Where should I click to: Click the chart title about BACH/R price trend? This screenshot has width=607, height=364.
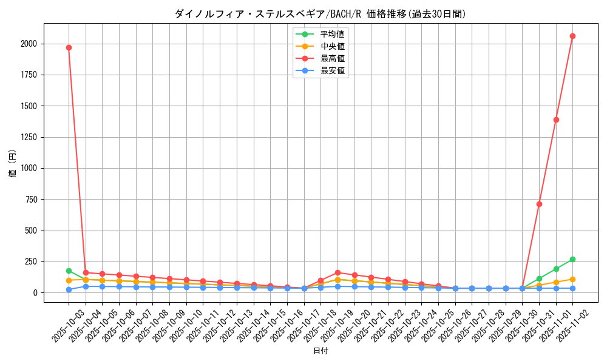(320, 13)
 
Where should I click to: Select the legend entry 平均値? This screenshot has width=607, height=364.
(332, 34)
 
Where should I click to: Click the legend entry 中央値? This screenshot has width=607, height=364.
(332, 46)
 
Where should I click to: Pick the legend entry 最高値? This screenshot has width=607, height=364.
(332, 58)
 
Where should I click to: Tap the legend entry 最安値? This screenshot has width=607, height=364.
(332, 70)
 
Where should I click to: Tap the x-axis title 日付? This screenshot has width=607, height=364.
(320, 351)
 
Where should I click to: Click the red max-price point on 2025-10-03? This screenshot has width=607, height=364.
(69, 47)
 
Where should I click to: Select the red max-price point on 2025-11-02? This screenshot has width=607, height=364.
(572, 36)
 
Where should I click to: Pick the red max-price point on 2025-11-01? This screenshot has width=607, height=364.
(556, 120)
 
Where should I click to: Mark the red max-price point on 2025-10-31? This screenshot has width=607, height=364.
(539, 204)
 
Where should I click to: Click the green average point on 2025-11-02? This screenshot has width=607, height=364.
(572, 259)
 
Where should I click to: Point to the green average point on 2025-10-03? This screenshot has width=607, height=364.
(69, 271)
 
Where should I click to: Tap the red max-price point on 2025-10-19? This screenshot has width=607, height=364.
(337, 272)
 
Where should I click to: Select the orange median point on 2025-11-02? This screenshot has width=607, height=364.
(572, 279)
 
